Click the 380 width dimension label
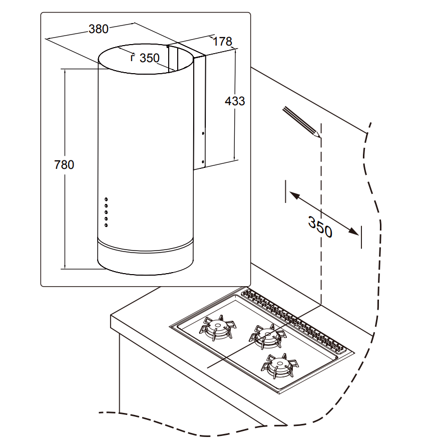coord(98,29)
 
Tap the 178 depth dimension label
coord(222,42)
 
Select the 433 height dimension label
coord(235,101)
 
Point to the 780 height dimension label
coord(64,164)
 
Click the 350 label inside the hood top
coord(149,58)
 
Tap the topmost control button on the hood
coord(106,200)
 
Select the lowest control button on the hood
coord(106,225)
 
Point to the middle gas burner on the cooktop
coord(265,336)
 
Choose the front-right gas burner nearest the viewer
coord(279,364)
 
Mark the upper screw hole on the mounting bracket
coord(202,133)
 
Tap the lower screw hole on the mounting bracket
coord(202,161)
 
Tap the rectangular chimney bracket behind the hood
coord(199,110)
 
